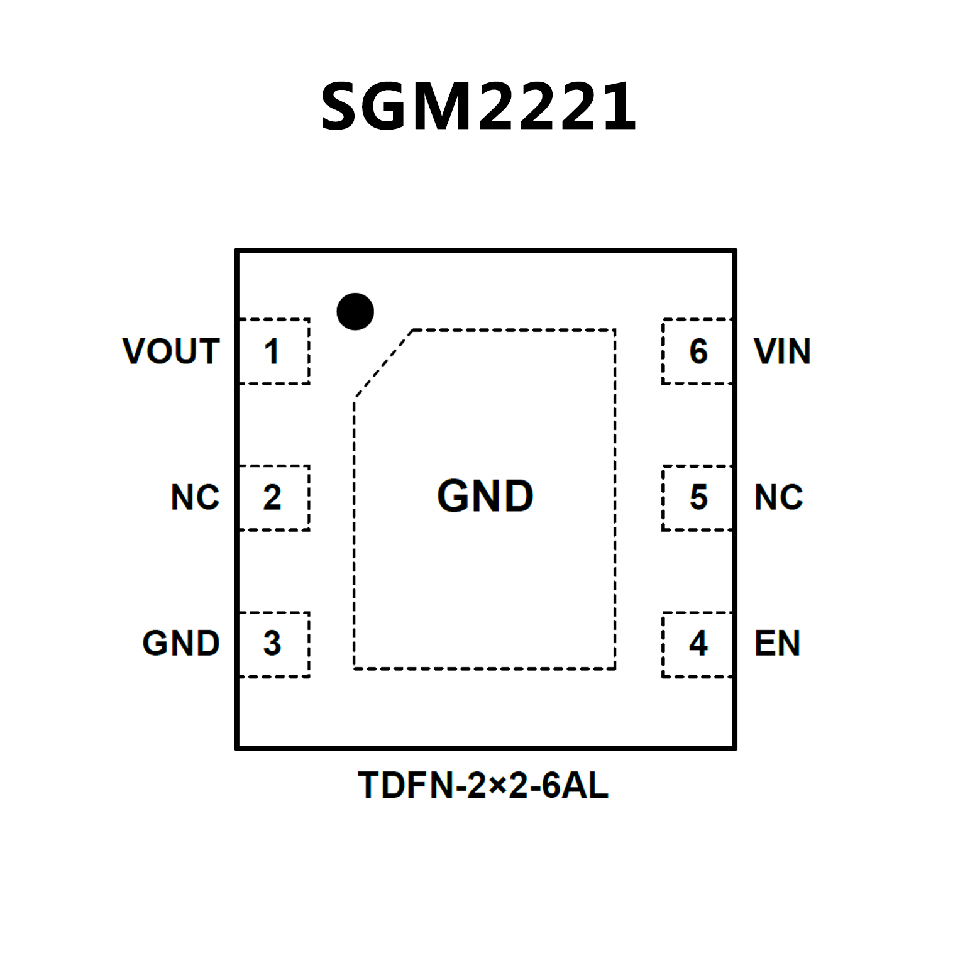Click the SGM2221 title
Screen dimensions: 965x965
(478, 107)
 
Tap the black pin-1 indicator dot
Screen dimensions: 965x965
(355, 311)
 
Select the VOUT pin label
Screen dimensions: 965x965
(171, 351)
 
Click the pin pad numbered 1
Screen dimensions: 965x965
(274, 351)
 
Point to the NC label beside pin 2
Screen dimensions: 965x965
(195, 497)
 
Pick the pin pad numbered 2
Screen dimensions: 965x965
(274, 498)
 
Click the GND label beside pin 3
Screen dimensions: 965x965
(181, 643)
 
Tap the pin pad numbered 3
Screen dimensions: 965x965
(274, 644)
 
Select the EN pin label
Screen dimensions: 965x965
(777, 643)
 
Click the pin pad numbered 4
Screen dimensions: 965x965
(697, 644)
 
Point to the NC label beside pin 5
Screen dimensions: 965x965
(778, 497)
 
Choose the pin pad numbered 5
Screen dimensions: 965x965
(697, 498)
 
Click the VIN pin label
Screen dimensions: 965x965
(782, 351)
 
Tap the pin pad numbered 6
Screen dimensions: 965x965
(697, 351)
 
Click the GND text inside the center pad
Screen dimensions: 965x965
(485, 496)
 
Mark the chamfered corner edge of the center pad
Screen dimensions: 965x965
(383, 364)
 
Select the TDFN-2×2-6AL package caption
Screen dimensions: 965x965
(483, 785)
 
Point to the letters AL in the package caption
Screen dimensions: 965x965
(585, 785)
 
